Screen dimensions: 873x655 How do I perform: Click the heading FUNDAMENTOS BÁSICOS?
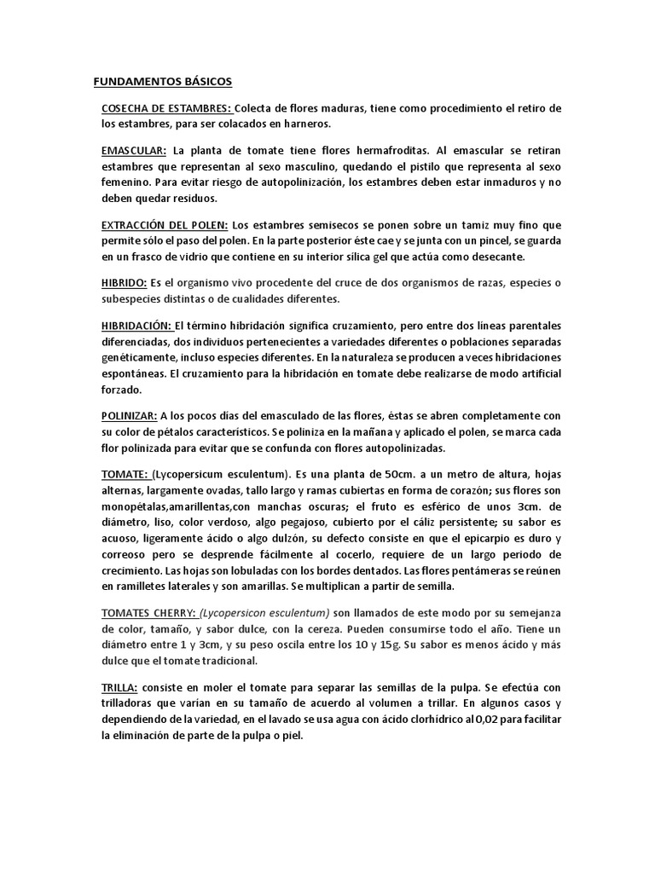tap(161, 82)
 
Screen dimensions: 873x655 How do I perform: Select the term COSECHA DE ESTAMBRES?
tap(166, 108)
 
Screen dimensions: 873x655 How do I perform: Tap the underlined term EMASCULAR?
tap(134, 150)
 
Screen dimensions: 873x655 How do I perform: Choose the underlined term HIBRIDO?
tap(125, 282)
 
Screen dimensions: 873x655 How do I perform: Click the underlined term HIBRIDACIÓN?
tap(136, 325)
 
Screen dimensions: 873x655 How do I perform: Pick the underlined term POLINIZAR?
tap(129, 415)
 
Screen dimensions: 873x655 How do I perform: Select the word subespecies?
tap(132, 298)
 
